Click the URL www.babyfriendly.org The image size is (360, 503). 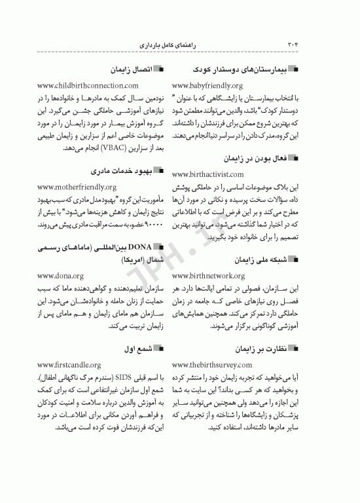click(207, 86)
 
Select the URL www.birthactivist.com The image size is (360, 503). click(207, 175)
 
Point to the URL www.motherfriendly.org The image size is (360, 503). click(77, 187)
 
